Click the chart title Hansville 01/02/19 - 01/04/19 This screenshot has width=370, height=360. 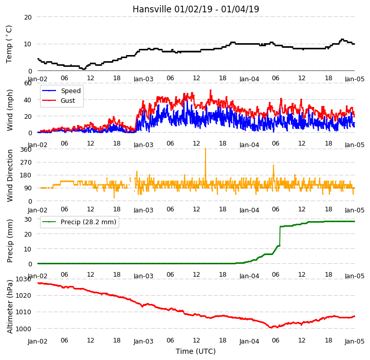(196, 9)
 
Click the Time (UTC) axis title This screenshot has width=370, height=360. (196, 351)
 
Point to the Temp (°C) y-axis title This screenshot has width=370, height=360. (9, 44)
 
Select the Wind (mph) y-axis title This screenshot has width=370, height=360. (9, 110)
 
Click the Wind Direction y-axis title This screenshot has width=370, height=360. (10, 175)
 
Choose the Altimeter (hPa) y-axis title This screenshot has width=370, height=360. (10, 307)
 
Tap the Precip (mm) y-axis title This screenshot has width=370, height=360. (10, 241)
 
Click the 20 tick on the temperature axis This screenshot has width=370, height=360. (28, 17)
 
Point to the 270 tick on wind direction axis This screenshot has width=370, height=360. (26, 163)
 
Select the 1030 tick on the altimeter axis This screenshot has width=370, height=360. (24, 279)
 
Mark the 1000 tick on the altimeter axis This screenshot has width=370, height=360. (24, 329)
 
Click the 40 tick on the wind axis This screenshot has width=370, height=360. (28, 100)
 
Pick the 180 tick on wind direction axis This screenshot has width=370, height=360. (26, 175)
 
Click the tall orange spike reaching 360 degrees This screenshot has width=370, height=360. (206, 166)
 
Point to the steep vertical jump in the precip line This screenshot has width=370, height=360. (280, 236)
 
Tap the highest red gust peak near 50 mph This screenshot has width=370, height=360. (211, 91)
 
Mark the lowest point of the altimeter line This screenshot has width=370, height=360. (271, 328)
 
